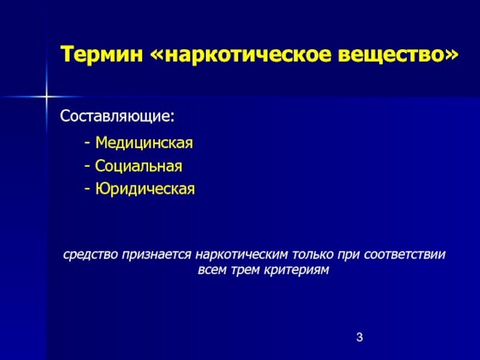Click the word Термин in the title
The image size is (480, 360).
102,55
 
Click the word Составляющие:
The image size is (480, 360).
117,116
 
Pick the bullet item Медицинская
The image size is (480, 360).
144,143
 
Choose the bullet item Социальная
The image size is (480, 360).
139,166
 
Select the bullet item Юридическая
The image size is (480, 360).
145,189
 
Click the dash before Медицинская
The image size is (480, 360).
88,143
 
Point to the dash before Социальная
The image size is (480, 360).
88,167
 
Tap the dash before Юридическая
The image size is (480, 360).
88,190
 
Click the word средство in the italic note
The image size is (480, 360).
91,254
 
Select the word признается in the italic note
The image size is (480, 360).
157,254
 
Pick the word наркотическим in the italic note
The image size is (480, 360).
242,254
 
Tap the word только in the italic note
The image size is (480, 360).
313,254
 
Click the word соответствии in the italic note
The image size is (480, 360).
404,254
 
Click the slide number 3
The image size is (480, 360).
359,337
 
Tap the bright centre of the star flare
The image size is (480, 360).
46,97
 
